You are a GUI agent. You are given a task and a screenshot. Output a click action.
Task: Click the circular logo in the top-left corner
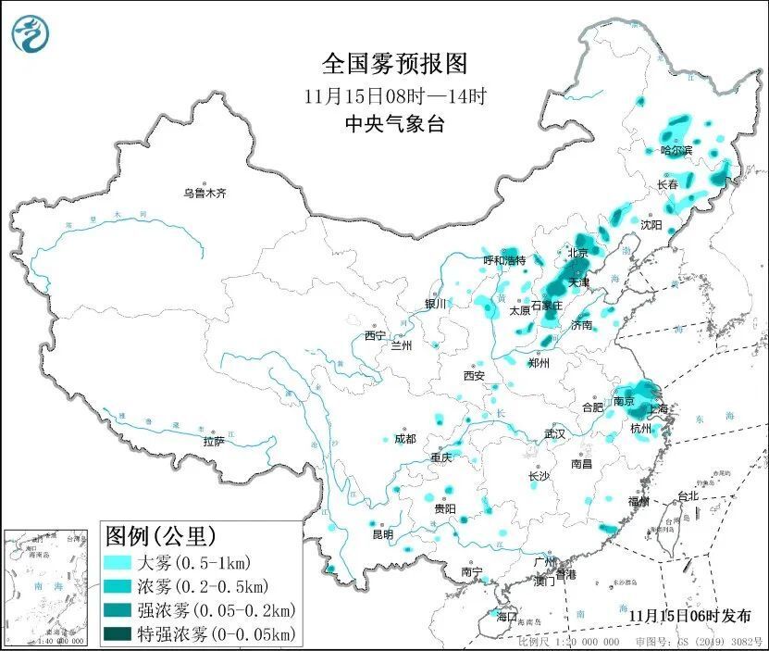click(x=30, y=35)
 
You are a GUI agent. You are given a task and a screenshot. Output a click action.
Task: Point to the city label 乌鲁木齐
click(x=204, y=193)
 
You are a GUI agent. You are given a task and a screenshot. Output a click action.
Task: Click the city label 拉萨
click(x=214, y=441)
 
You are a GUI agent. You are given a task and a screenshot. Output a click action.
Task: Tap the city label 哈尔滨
click(x=676, y=150)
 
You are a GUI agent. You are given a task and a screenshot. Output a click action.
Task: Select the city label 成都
click(x=405, y=439)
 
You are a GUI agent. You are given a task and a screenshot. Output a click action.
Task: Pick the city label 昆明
click(x=382, y=534)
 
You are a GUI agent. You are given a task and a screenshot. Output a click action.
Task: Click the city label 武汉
click(x=555, y=433)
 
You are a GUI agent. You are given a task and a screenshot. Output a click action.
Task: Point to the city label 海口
click(x=506, y=616)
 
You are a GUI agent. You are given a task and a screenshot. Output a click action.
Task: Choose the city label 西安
click(x=474, y=375)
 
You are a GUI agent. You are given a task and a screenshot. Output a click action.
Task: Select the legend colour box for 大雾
click(x=118, y=562)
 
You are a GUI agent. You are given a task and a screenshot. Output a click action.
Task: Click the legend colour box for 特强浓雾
click(x=118, y=634)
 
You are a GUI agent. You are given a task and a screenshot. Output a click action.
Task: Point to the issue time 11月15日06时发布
click(x=689, y=615)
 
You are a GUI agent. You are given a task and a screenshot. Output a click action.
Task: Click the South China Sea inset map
click(x=48, y=586)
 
